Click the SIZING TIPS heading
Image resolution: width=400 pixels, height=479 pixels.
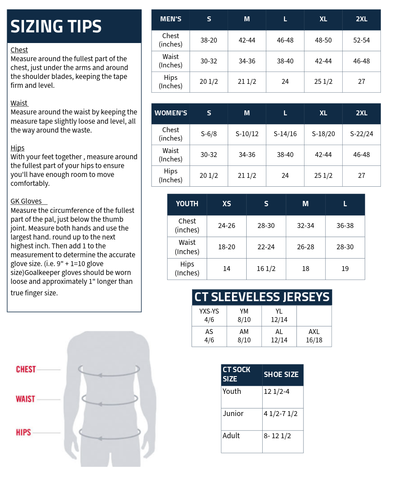pos(56,27)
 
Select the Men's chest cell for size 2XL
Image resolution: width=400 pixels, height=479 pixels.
pos(361,40)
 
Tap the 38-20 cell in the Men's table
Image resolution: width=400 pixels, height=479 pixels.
pos(208,40)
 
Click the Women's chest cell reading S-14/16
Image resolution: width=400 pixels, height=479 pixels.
pos(285,134)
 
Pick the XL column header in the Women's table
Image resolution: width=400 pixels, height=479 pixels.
pos(323,113)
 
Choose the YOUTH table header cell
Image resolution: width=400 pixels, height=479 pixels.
pos(187,204)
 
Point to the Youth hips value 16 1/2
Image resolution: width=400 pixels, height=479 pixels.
pos(266,269)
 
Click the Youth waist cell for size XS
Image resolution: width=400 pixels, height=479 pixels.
pos(226,247)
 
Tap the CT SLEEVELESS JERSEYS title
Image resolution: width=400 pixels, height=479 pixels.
pos(262,297)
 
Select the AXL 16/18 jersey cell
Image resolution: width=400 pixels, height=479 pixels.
pos(314,336)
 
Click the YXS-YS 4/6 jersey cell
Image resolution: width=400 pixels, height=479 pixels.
pos(209,315)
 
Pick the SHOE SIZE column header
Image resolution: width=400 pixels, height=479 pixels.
pos(281,374)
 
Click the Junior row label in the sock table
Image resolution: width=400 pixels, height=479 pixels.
pos(233,414)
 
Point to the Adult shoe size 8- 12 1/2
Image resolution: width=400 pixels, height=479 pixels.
pos(277,436)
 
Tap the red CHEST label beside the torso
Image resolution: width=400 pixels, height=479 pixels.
pos(26,369)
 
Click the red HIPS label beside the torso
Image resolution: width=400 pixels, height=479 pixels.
pos(24,432)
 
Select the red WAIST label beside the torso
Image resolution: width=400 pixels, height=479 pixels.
pos(25,399)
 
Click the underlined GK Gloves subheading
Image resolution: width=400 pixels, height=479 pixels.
pos(26,201)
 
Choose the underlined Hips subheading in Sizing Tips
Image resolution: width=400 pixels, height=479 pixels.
pos(17,148)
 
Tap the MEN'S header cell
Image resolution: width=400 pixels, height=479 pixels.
pos(171,19)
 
